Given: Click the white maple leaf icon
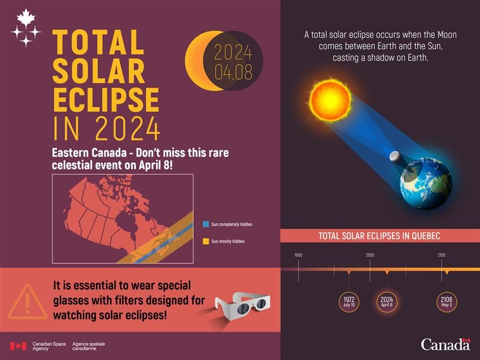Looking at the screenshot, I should point(25,18).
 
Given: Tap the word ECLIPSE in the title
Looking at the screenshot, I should point(106,101).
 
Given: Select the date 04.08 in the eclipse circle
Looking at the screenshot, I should point(233,72).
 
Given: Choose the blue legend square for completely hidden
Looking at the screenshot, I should point(206,224).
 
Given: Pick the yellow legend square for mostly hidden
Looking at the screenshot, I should point(206,241).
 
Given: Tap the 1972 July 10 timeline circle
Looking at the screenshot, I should point(348,302).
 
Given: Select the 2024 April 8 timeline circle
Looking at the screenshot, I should point(386,302).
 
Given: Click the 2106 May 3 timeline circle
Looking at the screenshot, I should point(447,302).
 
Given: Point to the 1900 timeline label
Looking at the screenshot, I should point(298,255).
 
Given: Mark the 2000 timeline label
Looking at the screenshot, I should point(370,255).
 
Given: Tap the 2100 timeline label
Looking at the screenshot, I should point(441,255).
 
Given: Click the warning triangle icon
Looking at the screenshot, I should point(27,302).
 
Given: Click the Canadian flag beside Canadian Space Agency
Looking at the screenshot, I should point(18,346).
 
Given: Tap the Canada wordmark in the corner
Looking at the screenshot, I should point(445,344).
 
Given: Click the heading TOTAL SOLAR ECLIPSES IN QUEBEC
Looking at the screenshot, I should point(379,236).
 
